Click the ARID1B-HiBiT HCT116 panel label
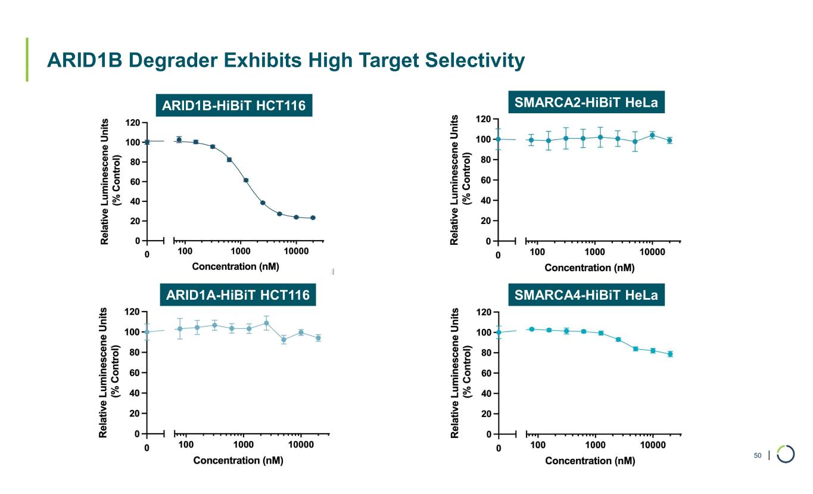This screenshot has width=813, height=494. [x=233, y=106]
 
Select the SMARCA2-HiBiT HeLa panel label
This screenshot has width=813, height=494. [x=585, y=103]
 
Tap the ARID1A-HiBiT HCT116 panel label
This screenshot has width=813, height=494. [x=238, y=295]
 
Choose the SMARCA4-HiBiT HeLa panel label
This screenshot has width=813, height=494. [x=585, y=295]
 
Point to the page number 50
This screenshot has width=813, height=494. [x=758, y=456]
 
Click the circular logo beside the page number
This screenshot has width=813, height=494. [x=786, y=455]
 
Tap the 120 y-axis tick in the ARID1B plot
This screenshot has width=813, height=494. [x=132, y=123]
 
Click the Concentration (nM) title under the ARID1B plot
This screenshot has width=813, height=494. [x=235, y=266]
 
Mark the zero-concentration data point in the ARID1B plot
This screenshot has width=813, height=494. [x=147, y=142]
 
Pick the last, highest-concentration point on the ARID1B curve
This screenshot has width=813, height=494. [x=313, y=218]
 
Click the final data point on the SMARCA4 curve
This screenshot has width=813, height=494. [x=670, y=354]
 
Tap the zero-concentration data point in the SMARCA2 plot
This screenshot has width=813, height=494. [x=498, y=139]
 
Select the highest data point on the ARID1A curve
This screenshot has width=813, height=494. [x=266, y=324]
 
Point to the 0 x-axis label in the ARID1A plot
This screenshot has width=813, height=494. [x=147, y=448]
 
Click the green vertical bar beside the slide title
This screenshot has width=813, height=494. [x=27, y=60]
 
